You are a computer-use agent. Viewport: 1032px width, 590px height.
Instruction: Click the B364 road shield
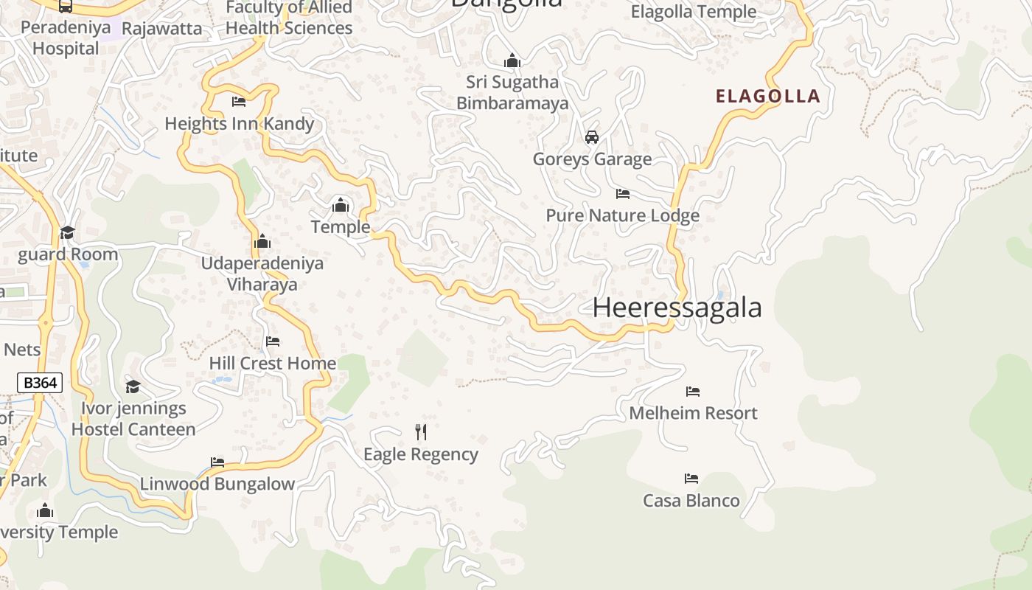(40, 383)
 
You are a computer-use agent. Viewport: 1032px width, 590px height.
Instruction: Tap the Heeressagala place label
(677, 308)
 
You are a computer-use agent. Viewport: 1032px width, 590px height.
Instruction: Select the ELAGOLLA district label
(768, 96)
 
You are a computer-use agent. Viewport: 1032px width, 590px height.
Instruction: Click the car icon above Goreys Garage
(591, 137)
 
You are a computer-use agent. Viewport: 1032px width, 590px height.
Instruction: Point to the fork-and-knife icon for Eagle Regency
(421, 431)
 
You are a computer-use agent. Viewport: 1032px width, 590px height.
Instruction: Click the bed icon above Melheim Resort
(693, 392)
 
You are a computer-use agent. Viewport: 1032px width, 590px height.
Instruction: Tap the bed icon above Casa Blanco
(691, 479)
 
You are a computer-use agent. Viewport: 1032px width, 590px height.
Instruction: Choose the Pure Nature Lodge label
(622, 215)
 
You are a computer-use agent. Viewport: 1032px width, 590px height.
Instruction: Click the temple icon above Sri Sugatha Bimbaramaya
(512, 60)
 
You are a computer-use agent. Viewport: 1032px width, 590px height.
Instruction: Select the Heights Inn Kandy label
(239, 123)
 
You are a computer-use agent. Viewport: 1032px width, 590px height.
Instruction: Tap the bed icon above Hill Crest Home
(273, 341)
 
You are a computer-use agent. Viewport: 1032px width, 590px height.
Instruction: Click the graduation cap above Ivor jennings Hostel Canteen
(133, 386)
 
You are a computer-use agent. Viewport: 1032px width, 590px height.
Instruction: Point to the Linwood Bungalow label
(217, 484)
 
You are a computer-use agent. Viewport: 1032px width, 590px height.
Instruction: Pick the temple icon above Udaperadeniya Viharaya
(262, 242)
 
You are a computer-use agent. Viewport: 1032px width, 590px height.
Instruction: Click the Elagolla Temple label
(694, 12)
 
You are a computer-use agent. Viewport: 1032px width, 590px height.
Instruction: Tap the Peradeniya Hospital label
(66, 38)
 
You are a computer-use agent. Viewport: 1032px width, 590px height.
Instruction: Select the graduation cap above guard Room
(67, 233)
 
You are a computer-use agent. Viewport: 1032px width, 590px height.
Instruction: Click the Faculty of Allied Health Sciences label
(289, 18)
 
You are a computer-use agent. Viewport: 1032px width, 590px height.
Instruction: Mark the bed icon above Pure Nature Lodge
(623, 194)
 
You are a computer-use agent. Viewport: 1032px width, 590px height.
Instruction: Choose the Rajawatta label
(161, 29)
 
